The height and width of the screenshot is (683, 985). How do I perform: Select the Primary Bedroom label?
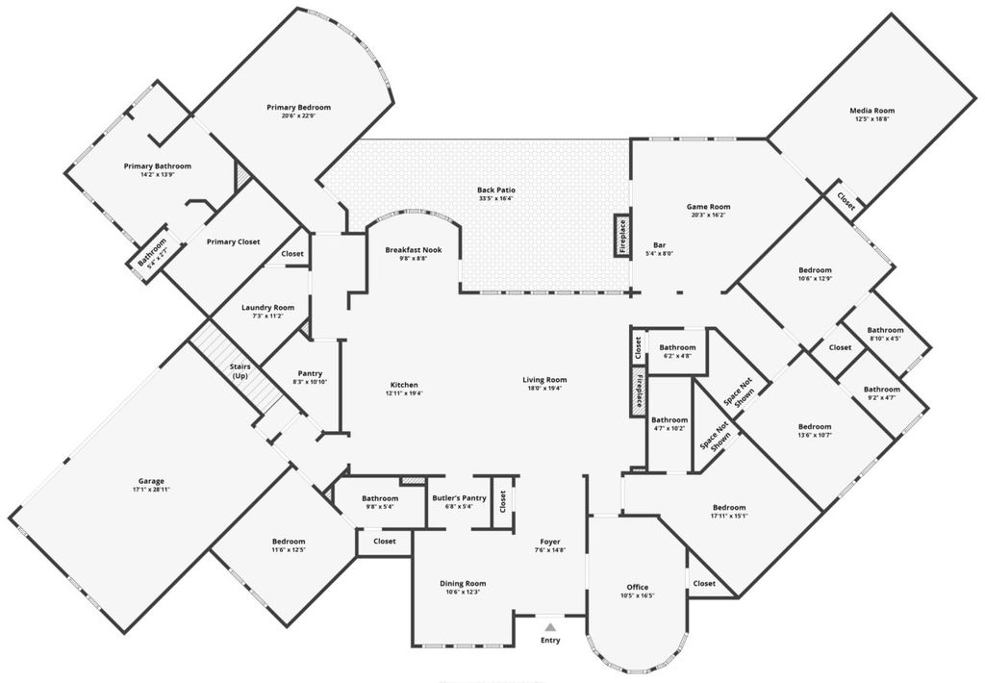(x=298, y=107)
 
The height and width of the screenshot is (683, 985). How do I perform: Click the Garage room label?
(x=150, y=480)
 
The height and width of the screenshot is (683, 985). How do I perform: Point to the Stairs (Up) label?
(x=240, y=372)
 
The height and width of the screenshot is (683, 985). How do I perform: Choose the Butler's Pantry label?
(x=459, y=497)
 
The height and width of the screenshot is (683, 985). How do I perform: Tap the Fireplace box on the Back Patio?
(x=622, y=236)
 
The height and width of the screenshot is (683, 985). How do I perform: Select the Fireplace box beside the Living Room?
(x=637, y=390)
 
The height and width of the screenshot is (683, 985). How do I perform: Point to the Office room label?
(x=637, y=587)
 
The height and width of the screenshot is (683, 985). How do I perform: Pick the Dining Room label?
(x=463, y=583)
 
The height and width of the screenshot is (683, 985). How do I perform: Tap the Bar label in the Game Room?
(x=660, y=244)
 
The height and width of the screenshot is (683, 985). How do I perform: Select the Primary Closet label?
(x=235, y=241)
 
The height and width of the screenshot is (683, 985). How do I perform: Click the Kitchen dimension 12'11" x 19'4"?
(x=404, y=392)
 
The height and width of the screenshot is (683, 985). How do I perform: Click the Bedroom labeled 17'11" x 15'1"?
(x=728, y=507)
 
